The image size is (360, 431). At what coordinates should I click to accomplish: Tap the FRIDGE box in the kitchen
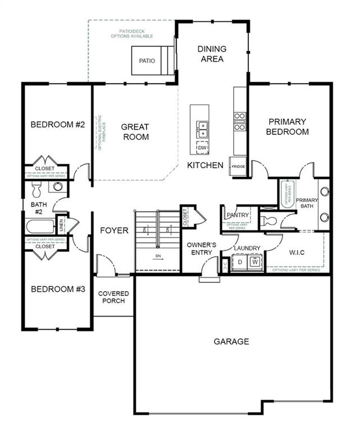pos(238,167)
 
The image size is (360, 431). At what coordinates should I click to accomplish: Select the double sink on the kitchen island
pos(201,130)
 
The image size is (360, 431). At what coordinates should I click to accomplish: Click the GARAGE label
pos(231,341)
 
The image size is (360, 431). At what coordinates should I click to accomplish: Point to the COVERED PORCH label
pos(113,297)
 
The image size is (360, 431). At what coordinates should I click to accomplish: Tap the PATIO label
pos(147,61)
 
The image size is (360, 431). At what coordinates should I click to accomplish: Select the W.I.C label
pos(297,252)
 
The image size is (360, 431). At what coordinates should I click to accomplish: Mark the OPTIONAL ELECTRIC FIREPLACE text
pos(100,132)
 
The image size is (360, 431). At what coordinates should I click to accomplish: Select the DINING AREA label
pos(211,54)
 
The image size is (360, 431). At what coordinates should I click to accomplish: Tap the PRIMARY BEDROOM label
pos(287,126)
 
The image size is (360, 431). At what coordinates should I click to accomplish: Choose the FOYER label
pos(114,231)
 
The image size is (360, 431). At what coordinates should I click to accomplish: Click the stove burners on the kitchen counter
pos(240,122)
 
